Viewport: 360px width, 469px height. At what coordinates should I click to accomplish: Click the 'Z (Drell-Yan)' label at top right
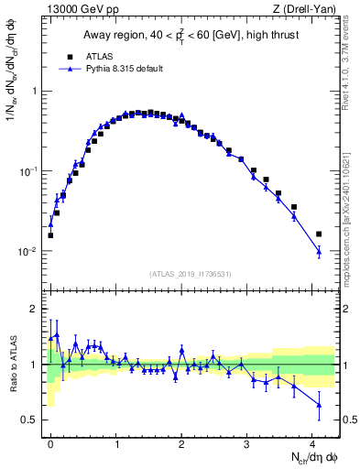(x=306, y=10)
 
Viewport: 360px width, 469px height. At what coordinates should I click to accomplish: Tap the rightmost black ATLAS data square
(x=319, y=234)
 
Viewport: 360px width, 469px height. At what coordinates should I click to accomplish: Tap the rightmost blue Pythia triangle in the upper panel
(x=319, y=252)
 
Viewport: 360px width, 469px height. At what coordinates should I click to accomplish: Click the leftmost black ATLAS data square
(x=50, y=235)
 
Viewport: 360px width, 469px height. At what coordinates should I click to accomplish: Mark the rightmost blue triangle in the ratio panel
(x=319, y=404)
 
